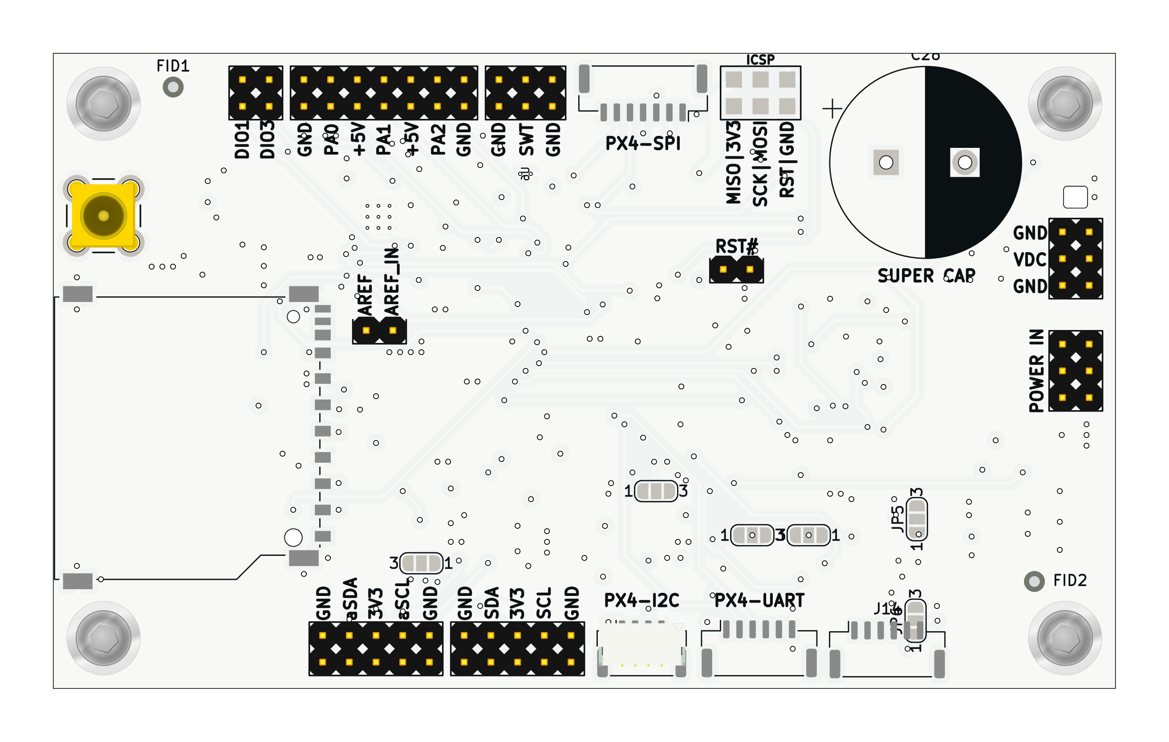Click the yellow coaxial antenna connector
(103, 216)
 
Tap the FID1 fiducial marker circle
(173, 87)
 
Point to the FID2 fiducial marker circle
(1034, 581)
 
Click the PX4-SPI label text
(643, 144)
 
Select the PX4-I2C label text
(641, 601)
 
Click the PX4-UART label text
(759, 601)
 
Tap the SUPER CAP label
(926, 276)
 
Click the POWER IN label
(1036, 371)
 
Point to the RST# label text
(736, 247)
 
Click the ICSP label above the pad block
(760, 60)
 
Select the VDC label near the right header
(1030, 260)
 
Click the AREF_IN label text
(392, 281)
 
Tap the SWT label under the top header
(526, 140)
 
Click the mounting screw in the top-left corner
(103, 103)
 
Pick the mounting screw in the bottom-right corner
(1065, 638)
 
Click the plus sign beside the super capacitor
(832, 108)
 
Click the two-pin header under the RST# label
(736, 269)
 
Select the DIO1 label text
(242, 140)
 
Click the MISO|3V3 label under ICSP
(734, 163)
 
